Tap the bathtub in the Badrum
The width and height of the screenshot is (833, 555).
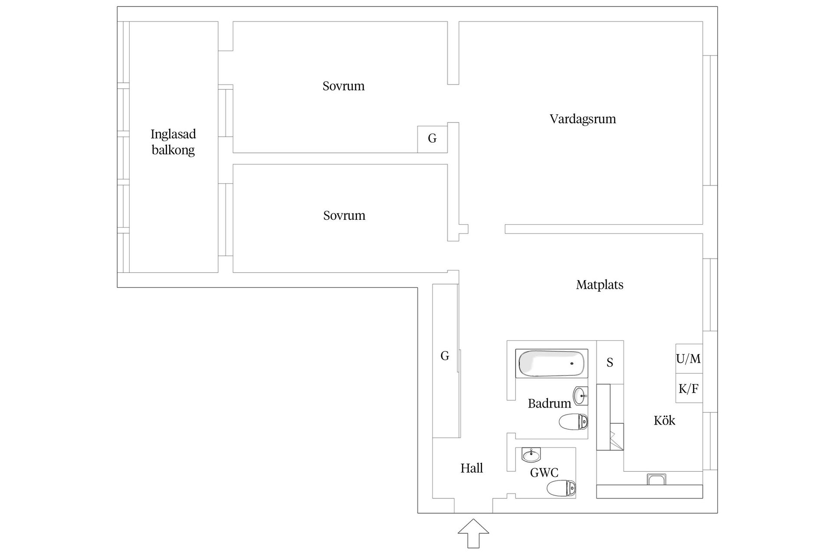point(551,363)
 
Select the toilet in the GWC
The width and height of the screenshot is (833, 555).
point(561,488)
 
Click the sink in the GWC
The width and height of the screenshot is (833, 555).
point(531,455)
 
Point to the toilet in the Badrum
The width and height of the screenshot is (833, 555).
point(573,421)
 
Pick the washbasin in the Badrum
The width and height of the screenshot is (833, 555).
point(580,395)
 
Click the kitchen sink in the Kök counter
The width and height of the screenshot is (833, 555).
point(656,479)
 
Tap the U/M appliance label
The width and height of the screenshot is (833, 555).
point(689,359)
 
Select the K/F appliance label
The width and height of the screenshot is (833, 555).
point(689,388)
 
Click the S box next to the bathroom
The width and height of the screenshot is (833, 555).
point(610,362)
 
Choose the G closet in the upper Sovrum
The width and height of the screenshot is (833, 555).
point(432,139)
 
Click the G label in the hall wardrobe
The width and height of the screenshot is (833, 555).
point(445,356)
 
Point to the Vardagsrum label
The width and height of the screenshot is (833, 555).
point(583,119)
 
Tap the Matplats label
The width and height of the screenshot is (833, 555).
point(600,285)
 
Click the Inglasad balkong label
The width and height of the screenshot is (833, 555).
point(173,142)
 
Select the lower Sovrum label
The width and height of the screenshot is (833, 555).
point(344,215)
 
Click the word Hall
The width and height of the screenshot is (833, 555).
point(472,468)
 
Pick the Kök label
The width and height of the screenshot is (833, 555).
point(664,421)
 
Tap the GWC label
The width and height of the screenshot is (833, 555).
point(544,473)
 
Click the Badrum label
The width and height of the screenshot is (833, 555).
point(549,404)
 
